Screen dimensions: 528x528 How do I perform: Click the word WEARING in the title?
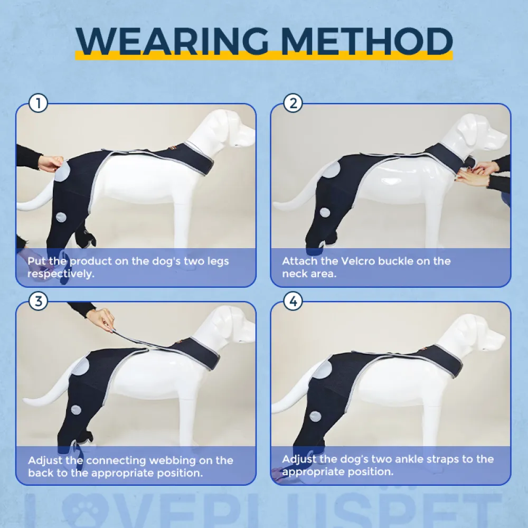click(172, 41)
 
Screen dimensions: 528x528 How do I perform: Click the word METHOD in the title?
click(366, 41)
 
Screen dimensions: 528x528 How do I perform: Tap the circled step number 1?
click(38, 103)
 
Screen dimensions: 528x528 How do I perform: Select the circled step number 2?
click(293, 103)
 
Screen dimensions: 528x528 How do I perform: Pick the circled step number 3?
click(38, 301)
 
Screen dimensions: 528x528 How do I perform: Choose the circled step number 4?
click(293, 301)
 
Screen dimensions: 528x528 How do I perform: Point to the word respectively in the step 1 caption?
click(61, 274)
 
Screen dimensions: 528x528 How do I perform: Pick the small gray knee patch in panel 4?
click(315, 416)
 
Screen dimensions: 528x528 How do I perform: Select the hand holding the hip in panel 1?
click(51, 163)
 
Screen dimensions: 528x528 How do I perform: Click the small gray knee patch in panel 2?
click(325, 212)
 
